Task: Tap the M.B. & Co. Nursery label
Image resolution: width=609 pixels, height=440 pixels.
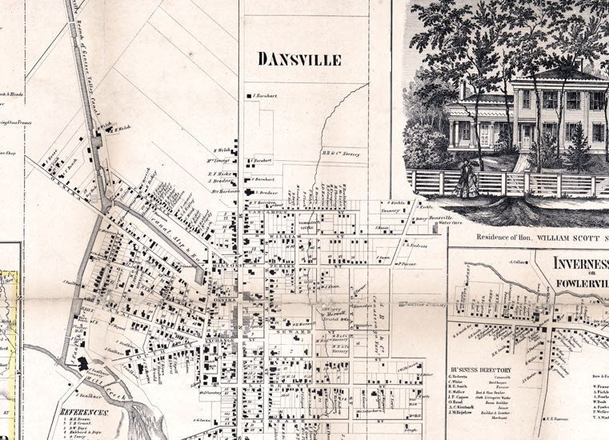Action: tap(341, 154)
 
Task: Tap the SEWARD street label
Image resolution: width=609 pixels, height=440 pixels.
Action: tap(289, 330)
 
